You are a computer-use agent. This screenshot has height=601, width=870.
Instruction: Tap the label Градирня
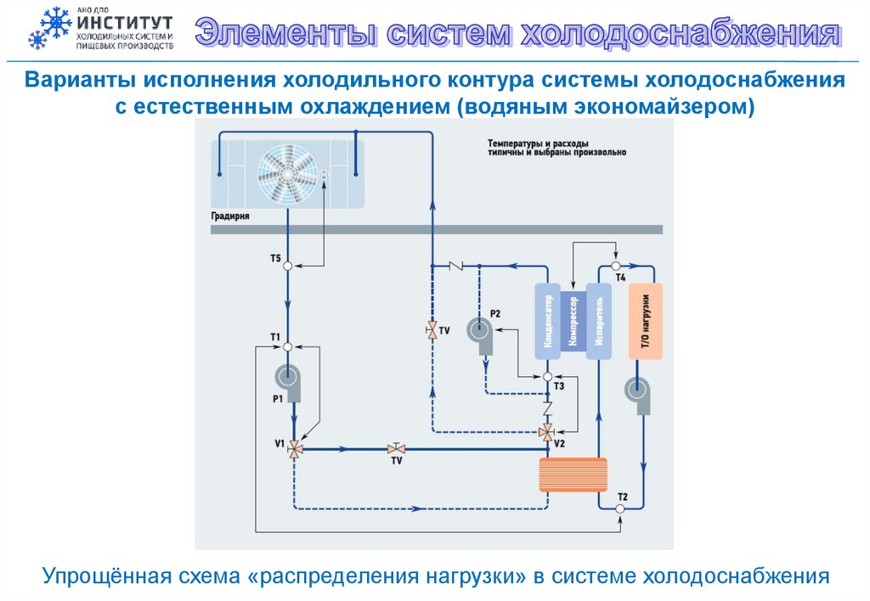229,216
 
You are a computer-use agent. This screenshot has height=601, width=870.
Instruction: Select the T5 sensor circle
287,266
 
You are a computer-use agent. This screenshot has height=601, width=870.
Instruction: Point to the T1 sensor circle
287,346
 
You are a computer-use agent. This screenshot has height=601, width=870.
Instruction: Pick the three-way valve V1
294,447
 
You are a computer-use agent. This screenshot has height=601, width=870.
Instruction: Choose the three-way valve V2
546,432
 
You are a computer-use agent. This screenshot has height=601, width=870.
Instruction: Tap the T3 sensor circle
548,376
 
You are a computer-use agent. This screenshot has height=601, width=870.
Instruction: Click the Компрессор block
573,323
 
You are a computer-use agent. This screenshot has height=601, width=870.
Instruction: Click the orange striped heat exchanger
573,475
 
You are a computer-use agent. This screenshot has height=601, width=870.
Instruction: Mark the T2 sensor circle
620,508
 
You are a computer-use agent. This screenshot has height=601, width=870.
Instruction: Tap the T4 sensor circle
615,266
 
